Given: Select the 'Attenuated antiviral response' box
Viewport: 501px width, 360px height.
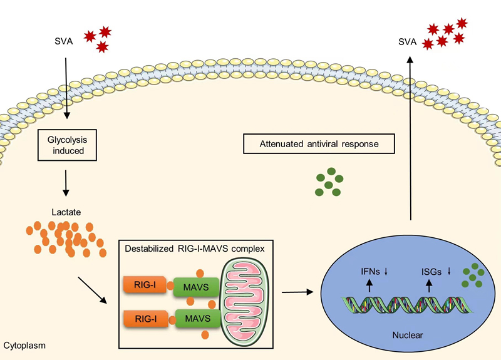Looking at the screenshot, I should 319,145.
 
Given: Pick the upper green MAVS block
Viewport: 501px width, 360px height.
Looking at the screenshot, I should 197,287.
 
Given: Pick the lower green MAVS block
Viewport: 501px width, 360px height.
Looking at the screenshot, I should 197,319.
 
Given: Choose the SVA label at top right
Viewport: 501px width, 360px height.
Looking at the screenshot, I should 408,43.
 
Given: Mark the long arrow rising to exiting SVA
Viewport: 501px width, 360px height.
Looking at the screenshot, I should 411,138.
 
